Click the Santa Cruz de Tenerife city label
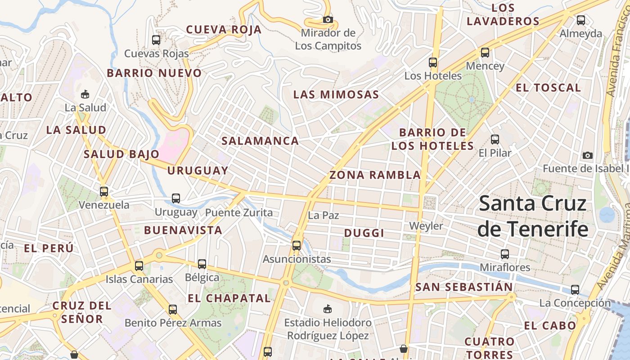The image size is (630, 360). (x=533, y=216)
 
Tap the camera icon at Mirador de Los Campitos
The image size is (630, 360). (x=328, y=19)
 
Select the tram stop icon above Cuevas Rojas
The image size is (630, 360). (x=156, y=40)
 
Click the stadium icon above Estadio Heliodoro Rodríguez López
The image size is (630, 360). (x=328, y=309)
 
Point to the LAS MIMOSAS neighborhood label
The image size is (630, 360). (x=336, y=94)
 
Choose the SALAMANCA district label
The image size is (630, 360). (x=260, y=141)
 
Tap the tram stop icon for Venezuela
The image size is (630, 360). (x=104, y=191)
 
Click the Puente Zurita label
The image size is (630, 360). (x=239, y=212)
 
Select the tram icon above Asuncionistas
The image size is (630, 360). (x=297, y=245)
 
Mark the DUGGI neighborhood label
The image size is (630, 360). (x=364, y=233)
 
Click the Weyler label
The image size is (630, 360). (x=426, y=225)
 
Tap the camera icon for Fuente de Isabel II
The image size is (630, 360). (x=587, y=155)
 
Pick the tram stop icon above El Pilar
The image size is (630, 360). (x=495, y=139)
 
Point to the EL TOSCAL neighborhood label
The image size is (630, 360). (x=548, y=88)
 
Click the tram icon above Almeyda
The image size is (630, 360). (x=581, y=20)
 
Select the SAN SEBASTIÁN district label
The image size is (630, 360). (x=464, y=287)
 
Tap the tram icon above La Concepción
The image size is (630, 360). (x=575, y=289)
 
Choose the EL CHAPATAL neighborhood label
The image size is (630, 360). (x=229, y=298)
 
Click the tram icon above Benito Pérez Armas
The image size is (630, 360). (x=173, y=309)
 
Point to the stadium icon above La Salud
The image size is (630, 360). (x=85, y=94)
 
